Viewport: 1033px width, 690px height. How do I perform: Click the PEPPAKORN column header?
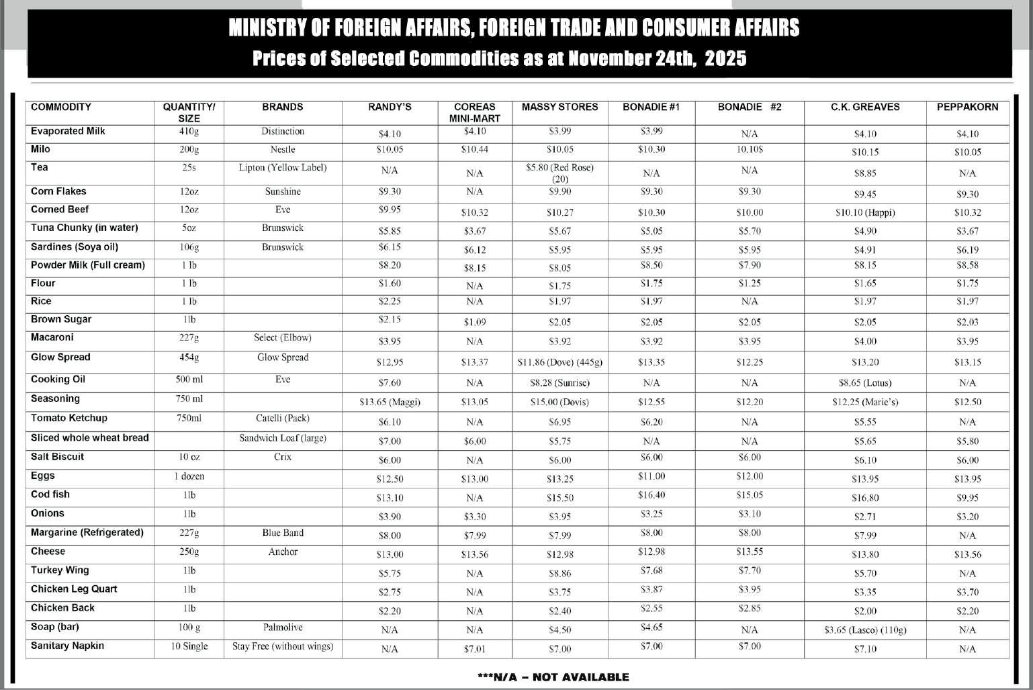967,107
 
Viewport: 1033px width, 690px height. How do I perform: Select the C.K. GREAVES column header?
865,107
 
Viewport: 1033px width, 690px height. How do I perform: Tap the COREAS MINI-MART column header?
475,112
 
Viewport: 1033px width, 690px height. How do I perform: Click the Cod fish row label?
50,494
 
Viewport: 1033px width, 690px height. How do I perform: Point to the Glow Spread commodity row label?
60,357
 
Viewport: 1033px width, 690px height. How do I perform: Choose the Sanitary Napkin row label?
67,646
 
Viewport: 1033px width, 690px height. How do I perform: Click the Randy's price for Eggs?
390,479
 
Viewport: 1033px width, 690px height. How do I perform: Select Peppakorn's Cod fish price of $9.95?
967,498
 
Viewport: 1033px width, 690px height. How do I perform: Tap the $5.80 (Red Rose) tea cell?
559,173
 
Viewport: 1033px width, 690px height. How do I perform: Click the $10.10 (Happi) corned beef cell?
865,212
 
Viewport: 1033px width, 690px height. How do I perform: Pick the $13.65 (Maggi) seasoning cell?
390,402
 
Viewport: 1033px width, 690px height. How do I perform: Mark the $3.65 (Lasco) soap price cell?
865,630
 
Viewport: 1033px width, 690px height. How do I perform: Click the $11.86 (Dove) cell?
559,362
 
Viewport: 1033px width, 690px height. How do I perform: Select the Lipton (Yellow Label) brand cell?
283,167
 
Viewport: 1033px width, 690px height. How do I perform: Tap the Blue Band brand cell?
283,533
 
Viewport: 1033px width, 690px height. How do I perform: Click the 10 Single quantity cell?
189,646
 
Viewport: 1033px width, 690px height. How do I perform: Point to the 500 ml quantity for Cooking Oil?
189,380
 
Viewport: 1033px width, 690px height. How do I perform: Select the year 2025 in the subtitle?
725,58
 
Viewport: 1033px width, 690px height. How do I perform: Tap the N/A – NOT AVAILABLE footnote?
553,677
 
